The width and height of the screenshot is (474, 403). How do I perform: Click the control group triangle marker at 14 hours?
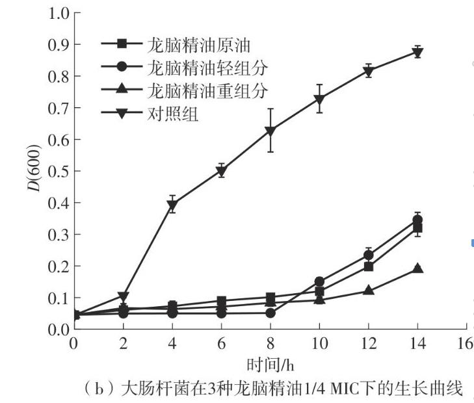pos(417,53)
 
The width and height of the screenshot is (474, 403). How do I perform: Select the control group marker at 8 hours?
pos(270,131)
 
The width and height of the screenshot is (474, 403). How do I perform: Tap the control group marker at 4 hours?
pos(172,205)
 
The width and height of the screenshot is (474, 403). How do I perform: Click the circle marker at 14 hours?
pos(417,220)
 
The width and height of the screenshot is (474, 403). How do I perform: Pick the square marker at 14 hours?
pos(417,228)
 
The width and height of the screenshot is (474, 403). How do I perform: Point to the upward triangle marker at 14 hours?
pos(417,268)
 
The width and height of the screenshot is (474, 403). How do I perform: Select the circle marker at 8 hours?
pos(270,313)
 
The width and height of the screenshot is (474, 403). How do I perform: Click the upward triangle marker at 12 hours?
pos(369,289)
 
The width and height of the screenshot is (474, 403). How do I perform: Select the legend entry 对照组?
pos(172,115)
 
